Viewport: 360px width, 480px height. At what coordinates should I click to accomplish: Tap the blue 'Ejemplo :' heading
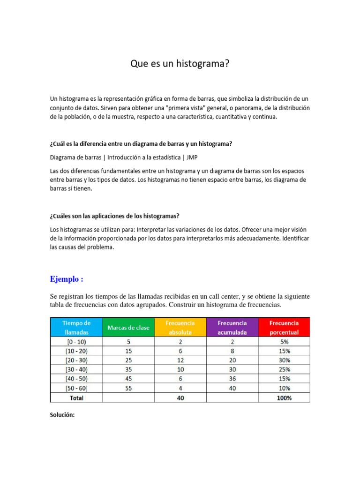coord(67,279)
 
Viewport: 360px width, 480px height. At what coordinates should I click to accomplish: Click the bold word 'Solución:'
coord(62,415)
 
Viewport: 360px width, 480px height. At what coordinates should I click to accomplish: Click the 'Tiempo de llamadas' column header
coord(76,327)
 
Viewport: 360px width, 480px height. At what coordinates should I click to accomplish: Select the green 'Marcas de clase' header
coord(128,327)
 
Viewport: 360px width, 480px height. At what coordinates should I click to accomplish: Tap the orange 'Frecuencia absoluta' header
coord(180,327)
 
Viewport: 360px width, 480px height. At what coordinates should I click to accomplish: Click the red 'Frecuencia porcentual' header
coord(284,327)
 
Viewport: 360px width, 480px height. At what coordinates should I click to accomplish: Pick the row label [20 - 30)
coord(76,360)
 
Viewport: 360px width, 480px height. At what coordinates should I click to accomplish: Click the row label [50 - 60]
coord(76,388)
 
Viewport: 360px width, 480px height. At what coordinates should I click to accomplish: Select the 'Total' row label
coord(76,397)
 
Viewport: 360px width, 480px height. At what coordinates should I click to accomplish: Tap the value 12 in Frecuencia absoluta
coord(180,360)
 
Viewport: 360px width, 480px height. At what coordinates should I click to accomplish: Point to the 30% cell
coord(284,360)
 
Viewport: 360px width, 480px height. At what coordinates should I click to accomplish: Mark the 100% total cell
coord(284,397)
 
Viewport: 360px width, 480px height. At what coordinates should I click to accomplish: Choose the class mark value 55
coord(128,388)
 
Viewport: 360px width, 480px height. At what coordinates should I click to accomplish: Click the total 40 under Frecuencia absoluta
coord(180,397)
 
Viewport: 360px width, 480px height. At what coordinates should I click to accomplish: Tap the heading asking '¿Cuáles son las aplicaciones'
coord(115,216)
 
